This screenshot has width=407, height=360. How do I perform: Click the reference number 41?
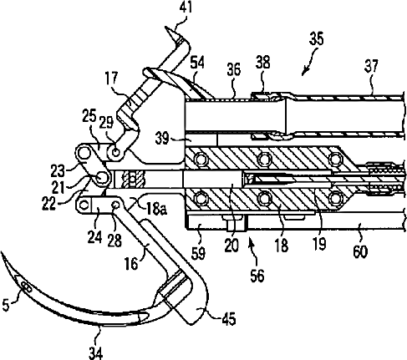click(186, 8)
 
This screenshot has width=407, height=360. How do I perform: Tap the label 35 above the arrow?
click(316, 38)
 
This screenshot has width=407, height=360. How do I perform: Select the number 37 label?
click(371, 66)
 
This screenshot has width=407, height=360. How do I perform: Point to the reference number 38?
click(262, 63)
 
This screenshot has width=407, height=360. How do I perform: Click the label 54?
click(197, 63)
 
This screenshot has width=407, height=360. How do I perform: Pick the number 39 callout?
click(162, 138)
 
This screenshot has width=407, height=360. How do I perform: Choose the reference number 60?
click(360, 252)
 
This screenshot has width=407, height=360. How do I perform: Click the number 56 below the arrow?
click(257, 276)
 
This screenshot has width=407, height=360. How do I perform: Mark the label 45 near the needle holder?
click(228, 318)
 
